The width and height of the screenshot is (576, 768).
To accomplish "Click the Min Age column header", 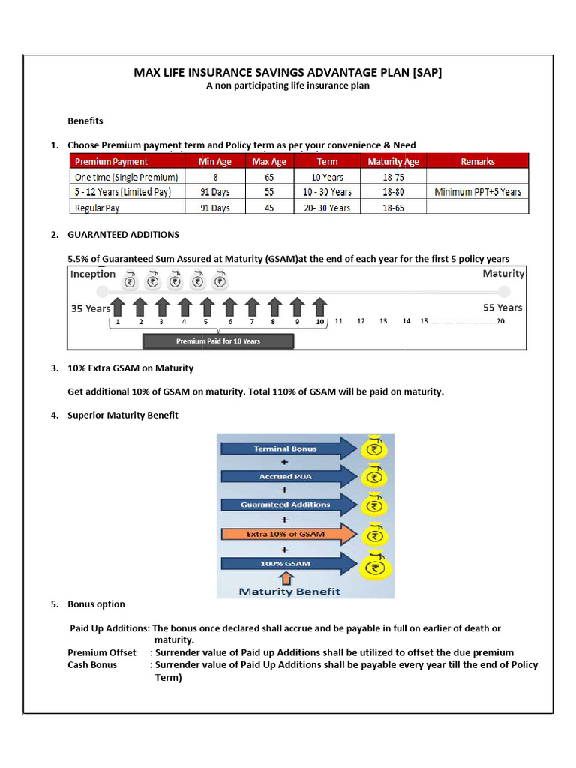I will pyautogui.click(x=214, y=161).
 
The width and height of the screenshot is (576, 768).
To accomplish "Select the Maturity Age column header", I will pyautogui.click(x=393, y=161).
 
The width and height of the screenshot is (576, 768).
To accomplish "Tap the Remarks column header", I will pyautogui.click(x=478, y=161).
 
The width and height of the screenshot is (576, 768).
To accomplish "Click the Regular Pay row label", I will pyautogui.click(x=97, y=208).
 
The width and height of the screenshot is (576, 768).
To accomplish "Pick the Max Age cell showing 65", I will pyautogui.click(x=269, y=177).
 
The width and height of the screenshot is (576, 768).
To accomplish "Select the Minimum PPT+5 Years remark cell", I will pyautogui.click(x=478, y=192).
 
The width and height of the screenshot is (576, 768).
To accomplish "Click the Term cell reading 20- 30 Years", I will pyautogui.click(x=327, y=208).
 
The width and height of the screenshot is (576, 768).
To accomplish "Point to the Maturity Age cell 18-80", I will pyautogui.click(x=393, y=192).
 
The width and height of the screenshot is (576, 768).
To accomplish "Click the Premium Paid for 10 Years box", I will pyautogui.click(x=218, y=340).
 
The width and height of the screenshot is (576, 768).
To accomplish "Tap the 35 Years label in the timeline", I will pyautogui.click(x=90, y=308).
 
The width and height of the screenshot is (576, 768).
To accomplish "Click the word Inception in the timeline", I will pyautogui.click(x=93, y=274).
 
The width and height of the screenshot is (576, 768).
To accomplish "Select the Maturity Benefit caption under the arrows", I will pyautogui.click(x=289, y=591).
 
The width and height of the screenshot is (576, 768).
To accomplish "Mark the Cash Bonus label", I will pyautogui.click(x=92, y=664).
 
